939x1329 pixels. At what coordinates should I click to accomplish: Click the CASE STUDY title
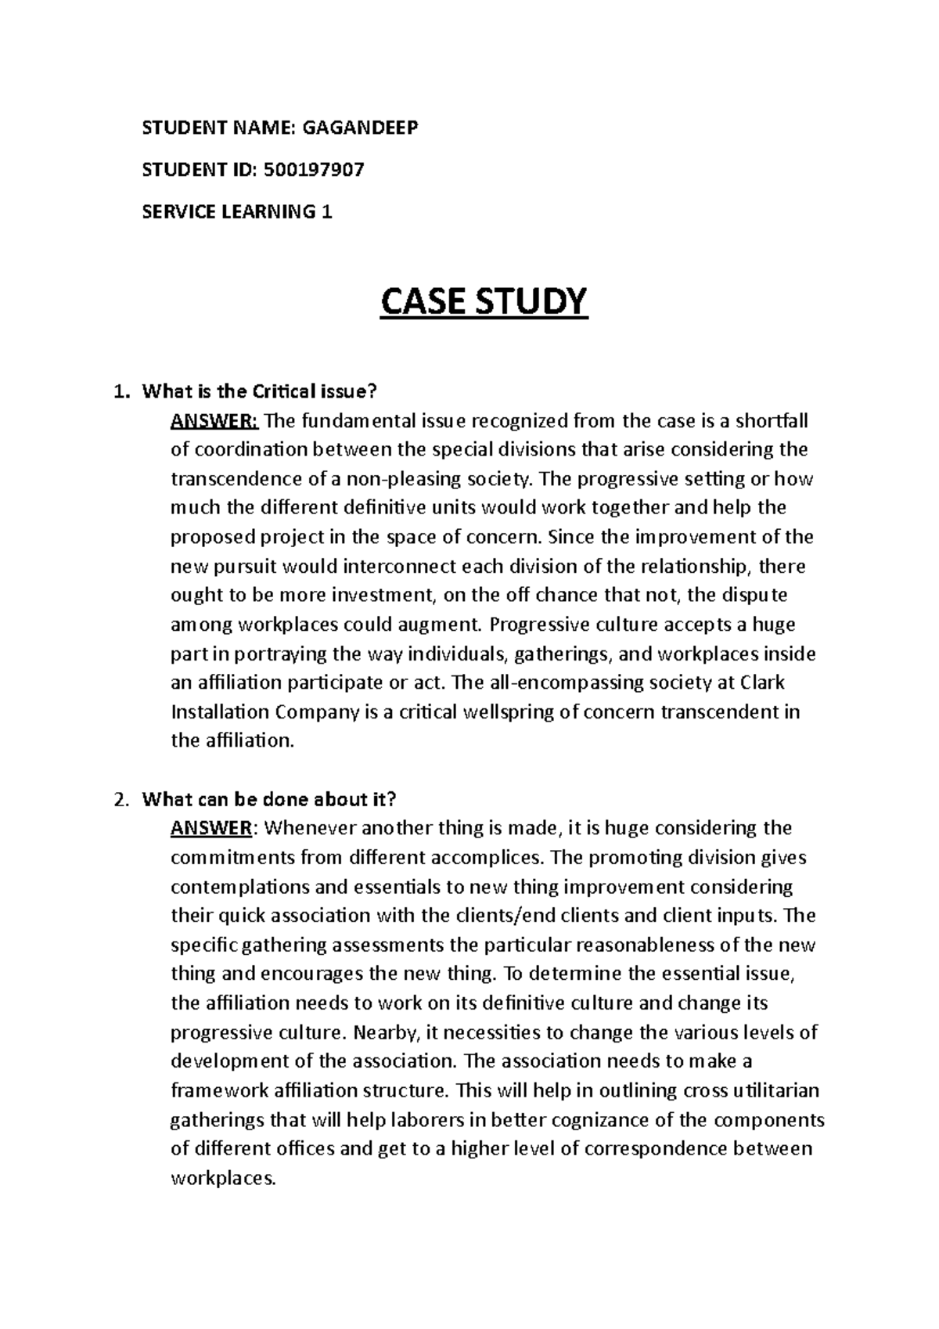(483, 302)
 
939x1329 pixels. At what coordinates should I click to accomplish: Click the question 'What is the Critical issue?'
(264, 392)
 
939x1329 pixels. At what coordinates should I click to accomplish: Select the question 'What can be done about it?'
(269, 799)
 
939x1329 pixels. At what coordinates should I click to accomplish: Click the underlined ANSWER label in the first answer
(214, 422)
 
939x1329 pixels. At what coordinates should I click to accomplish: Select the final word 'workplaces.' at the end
(223, 1177)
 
